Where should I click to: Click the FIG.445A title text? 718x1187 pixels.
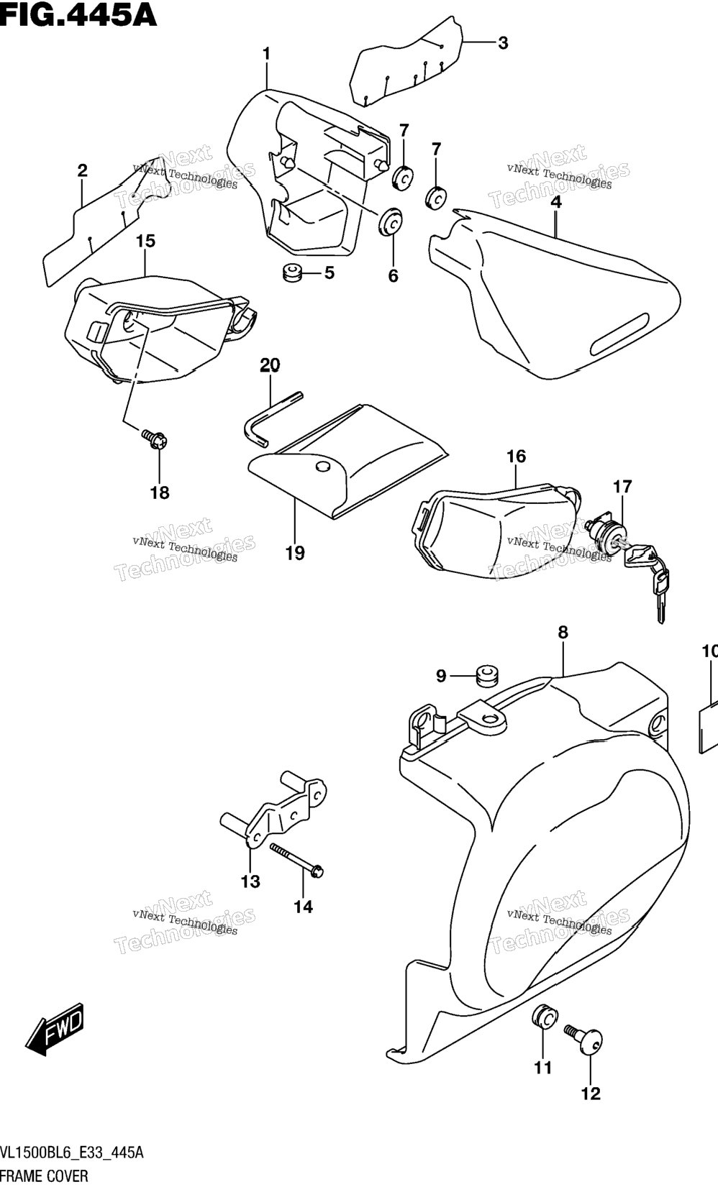coord(78,14)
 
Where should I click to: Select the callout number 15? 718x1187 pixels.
coord(145,241)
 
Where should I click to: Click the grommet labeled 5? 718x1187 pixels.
coord(291,273)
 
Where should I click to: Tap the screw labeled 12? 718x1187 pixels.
coord(584,1040)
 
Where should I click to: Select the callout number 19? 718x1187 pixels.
coord(295,553)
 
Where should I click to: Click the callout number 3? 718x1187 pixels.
coord(503,43)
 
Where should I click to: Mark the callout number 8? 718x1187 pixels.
coord(563,632)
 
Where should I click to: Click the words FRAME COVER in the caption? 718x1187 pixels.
coord(45,1176)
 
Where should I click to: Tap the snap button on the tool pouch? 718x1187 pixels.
coord(322,467)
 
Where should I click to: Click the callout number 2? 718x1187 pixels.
coord(82,170)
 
